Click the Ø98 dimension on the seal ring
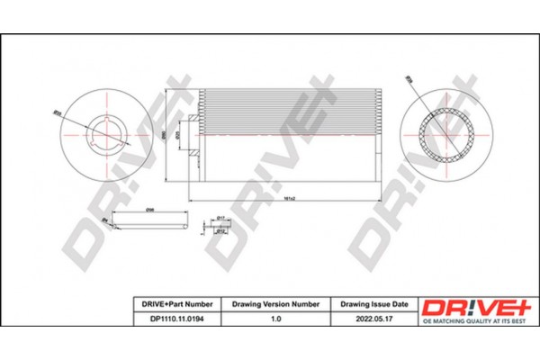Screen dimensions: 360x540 [x=150, y=209]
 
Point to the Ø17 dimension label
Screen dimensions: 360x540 [x=221, y=218]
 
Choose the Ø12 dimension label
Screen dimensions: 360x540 [x=221, y=231]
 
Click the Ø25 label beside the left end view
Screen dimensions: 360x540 [x=56, y=113]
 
